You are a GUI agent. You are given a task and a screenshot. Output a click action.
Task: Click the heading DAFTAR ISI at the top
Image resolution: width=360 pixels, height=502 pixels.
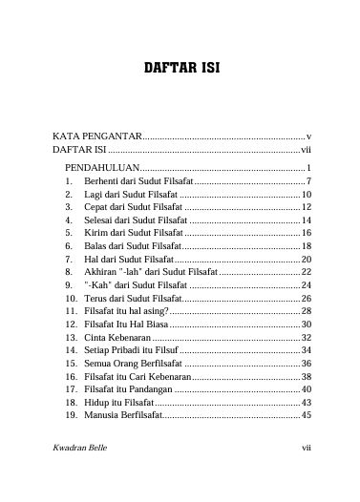coord(180,71)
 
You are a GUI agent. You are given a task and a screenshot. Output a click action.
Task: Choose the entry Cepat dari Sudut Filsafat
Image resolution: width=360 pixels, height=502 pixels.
coord(133,206)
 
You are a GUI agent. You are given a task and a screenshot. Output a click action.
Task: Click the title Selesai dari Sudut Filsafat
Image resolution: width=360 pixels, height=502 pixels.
coord(137,220)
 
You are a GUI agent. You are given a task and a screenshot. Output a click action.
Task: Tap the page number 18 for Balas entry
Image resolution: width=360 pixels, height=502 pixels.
coord(306,246)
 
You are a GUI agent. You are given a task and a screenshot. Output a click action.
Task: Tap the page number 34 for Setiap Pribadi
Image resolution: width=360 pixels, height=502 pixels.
coord(306,351)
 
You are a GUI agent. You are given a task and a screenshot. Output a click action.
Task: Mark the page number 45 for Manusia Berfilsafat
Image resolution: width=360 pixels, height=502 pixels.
coord(306,416)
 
